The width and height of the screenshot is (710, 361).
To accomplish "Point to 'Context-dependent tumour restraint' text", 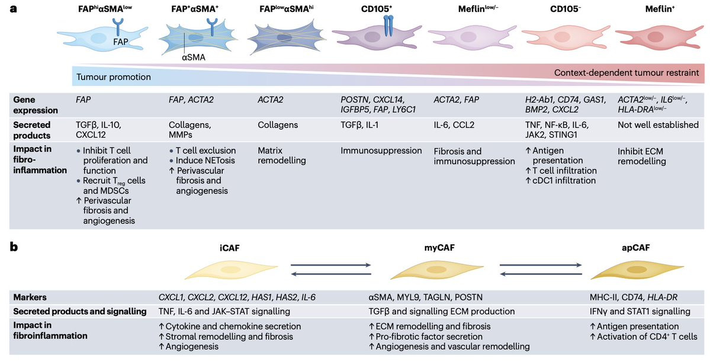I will [x=627, y=73].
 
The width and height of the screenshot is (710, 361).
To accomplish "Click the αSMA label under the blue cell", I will [x=193, y=58].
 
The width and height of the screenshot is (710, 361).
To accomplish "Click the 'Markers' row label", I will [x=31, y=296].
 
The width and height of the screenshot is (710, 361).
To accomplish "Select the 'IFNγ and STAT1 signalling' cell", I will [x=640, y=311].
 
